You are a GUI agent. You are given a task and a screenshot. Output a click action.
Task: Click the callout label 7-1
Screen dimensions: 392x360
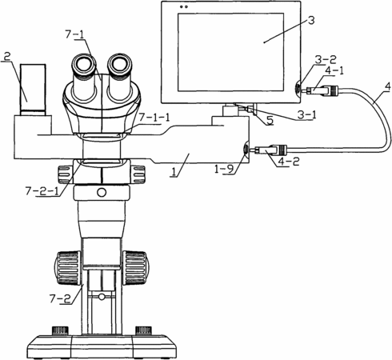tap(74, 34)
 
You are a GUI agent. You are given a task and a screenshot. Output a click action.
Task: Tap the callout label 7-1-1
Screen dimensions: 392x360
tap(154, 118)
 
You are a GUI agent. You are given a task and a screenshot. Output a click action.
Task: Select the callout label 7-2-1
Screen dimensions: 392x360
tap(43, 191)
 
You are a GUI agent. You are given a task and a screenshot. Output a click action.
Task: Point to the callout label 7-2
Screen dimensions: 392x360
tap(60, 298)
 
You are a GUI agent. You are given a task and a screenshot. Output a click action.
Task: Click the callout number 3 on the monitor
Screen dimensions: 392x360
tap(311, 20)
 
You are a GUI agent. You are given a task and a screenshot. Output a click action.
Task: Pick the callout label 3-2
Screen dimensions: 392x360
tap(326, 60)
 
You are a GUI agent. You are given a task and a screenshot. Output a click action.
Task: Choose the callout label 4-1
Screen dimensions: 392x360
tap(334, 70)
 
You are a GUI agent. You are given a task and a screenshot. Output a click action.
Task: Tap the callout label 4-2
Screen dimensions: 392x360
tap(288, 162)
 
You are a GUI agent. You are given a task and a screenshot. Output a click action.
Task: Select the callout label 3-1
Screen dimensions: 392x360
tap(306, 114)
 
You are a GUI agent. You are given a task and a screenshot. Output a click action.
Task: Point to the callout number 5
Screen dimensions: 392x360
tap(270, 121)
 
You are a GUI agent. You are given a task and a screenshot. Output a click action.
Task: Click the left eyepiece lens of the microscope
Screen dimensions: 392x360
tap(83, 64)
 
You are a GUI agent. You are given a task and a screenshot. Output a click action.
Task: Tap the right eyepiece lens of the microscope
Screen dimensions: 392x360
tap(121, 64)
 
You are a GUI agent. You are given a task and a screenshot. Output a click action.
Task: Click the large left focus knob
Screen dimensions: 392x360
tap(67, 267)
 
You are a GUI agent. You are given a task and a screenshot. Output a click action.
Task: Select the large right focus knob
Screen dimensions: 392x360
tap(136, 267)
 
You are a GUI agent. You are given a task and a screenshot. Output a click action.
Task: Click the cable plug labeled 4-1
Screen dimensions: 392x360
tap(322, 90)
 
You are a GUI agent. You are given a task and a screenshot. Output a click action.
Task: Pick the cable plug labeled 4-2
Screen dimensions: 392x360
tap(270, 150)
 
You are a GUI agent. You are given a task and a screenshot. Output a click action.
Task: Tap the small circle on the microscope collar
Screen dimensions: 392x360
tap(102, 192)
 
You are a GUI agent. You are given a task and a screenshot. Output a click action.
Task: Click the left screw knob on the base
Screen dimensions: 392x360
tap(60, 330)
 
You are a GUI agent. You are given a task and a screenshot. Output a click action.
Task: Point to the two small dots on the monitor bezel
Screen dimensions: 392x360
tap(184, 7)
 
